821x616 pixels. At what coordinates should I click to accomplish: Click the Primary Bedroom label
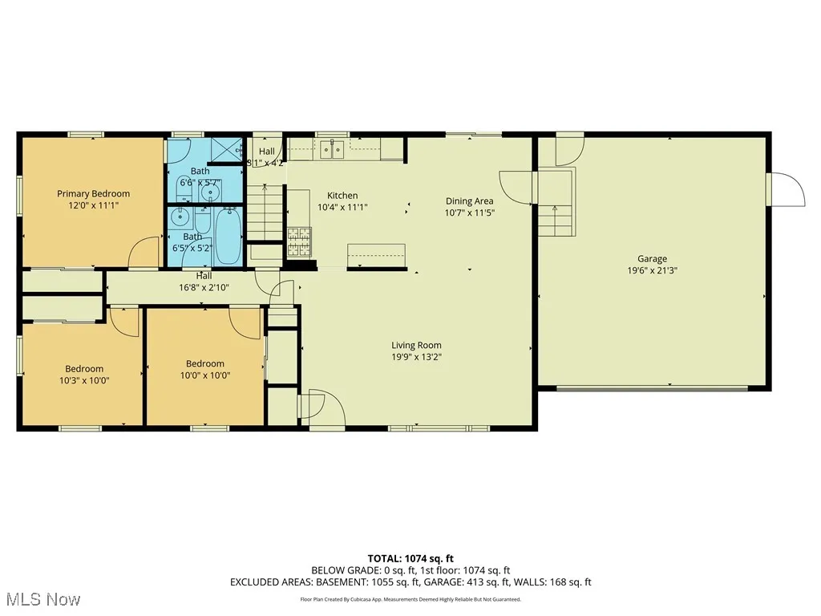(93, 193)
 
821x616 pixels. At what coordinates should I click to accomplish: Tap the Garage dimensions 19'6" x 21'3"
(652, 270)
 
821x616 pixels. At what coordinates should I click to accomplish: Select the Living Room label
(416, 346)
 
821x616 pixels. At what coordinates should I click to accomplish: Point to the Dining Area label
(469, 201)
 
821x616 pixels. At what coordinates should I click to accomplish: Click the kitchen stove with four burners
(299, 237)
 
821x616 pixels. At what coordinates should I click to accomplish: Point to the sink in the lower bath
(178, 216)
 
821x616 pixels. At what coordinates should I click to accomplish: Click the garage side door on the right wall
(786, 189)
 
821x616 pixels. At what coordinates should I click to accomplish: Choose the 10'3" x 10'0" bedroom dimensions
(83, 381)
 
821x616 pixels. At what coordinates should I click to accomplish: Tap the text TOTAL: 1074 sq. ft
(410, 558)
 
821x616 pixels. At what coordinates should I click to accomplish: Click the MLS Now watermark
(42, 599)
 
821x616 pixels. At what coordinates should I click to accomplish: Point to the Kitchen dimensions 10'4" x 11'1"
(342, 207)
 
